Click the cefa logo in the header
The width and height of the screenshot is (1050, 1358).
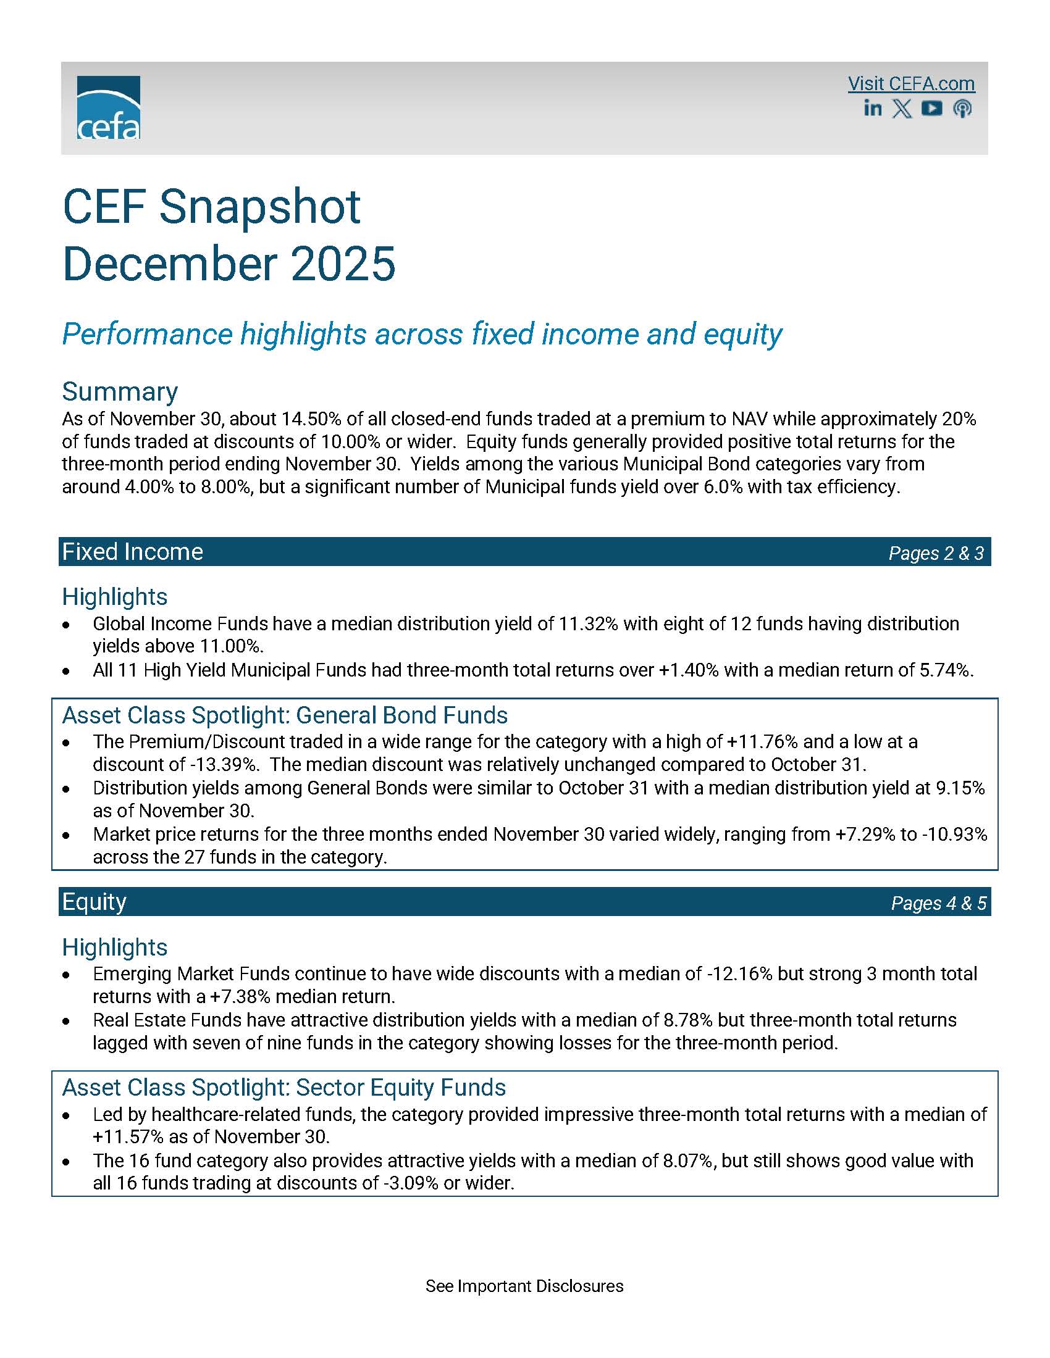(108, 107)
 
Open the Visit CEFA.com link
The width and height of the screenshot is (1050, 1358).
(910, 84)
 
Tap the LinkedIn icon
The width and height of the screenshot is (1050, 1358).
(873, 108)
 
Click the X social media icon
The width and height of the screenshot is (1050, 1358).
(902, 109)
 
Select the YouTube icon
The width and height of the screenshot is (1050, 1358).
(931, 108)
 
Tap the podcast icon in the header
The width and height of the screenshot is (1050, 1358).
(962, 109)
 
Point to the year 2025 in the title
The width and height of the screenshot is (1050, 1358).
(343, 264)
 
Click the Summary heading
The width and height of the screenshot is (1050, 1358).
(120, 392)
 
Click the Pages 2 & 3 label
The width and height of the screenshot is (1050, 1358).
(936, 553)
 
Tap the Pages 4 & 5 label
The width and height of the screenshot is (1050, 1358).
(938, 903)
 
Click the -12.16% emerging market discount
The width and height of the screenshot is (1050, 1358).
(739, 973)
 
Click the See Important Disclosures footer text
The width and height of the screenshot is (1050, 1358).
(524, 1286)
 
